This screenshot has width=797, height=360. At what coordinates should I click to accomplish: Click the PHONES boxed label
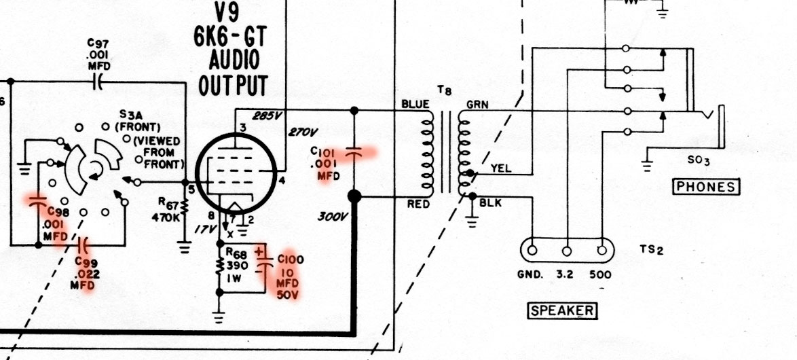705,186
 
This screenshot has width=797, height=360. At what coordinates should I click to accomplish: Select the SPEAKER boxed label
562,311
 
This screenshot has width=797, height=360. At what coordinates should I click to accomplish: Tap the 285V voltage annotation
267,115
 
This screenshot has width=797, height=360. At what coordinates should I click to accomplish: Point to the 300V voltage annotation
332,217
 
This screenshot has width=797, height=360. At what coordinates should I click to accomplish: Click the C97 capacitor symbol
98,82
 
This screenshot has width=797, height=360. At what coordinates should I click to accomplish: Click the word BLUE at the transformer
415,104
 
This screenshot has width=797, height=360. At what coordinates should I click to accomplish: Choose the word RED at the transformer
417,202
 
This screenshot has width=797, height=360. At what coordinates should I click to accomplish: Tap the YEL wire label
500,169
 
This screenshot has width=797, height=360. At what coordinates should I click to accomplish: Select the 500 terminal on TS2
601,249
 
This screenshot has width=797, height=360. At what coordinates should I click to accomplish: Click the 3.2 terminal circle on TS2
567,249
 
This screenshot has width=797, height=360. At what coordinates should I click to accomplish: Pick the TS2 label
650,249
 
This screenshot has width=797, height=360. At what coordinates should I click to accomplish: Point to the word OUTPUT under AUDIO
233,85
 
